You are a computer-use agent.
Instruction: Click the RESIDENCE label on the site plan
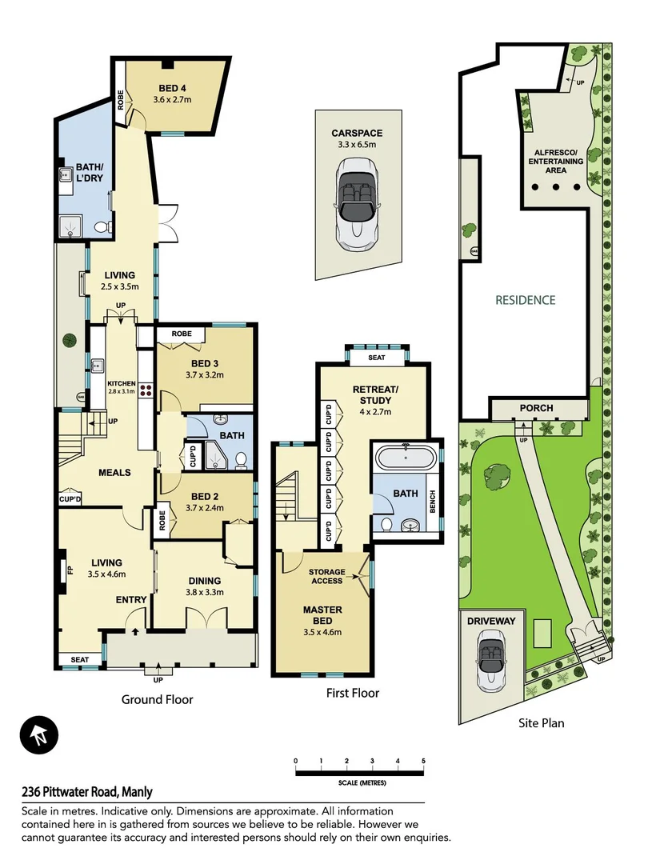[x=525, y=300]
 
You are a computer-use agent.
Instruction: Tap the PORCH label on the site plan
[x=536, y=408]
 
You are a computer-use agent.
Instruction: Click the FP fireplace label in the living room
[x=69, y=571]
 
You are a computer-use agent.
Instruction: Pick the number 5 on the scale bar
[x=423, y=760]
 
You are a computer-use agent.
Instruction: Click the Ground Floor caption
[x=157, y=699]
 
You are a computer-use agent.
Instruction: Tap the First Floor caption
[x=353, y=693]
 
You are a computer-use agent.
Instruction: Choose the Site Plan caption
[x=540, y=722]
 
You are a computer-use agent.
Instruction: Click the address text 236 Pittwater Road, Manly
[x=87, y=792]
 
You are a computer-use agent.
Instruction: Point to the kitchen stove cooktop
[x=146, y=390]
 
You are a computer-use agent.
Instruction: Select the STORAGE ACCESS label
[x=326, y=576]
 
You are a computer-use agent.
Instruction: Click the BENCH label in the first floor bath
[x=433, y=502]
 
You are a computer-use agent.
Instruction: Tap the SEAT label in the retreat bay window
[x=376, y=358]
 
